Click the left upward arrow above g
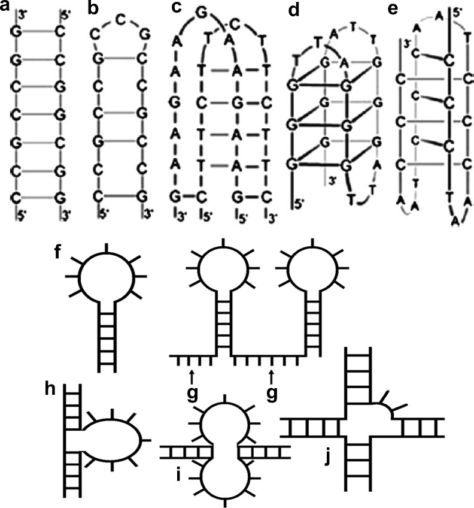(x=192, y=377)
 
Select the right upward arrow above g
(x=272, y=377)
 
